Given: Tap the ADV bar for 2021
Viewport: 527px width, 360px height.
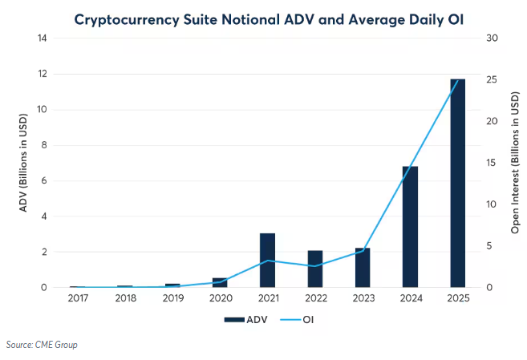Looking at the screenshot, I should [x=267, y=260].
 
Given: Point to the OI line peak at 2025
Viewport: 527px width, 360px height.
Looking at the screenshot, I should [x=457, y=80].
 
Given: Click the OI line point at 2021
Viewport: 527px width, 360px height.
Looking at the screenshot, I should [x=267, y=261].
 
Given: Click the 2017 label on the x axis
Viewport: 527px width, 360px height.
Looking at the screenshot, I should [x=78, y=299].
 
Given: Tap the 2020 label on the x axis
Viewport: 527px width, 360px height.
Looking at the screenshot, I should [x=220, y=299].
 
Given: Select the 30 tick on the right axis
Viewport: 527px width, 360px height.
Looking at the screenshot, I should [x=492, y=38].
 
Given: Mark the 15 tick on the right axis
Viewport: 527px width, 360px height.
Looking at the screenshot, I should [x=492, y=163].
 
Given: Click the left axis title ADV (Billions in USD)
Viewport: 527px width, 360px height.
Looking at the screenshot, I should [x=24, y=163].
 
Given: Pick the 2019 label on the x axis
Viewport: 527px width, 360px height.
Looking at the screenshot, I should [x=172, y=299].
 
